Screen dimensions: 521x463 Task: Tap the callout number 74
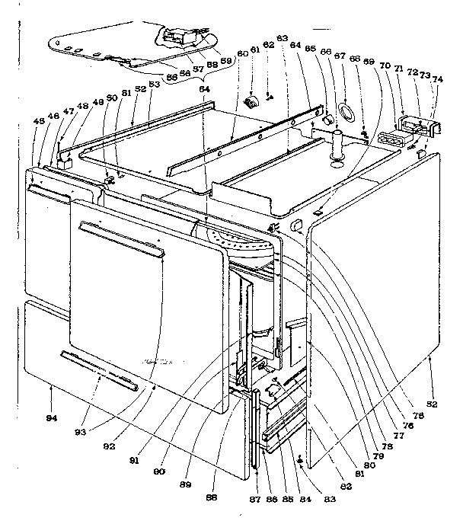(x=437, y=79)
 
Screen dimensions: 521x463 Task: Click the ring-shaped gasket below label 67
(x=346, y=113)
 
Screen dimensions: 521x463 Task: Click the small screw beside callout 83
(x=302, y=459)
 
